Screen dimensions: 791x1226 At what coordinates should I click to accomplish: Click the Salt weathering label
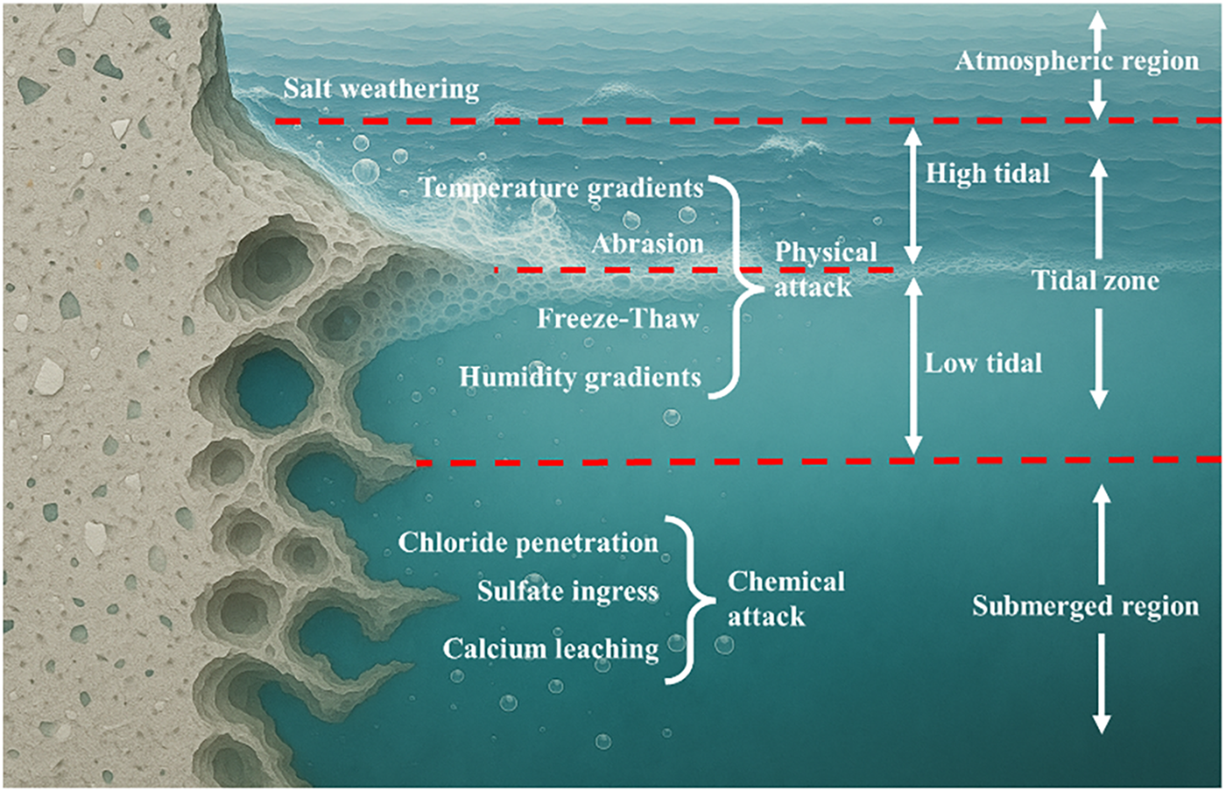pos(381,89)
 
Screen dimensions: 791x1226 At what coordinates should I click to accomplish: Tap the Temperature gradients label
pos(560,188)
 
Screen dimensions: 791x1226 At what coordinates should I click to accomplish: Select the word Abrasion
pos(647,244)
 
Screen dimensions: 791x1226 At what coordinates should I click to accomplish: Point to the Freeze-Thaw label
pos(617,318)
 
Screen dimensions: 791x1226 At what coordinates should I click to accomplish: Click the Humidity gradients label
pos(580,378)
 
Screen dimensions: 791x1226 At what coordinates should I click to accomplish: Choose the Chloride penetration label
pos(527,543)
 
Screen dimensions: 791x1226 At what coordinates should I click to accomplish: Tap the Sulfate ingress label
pos(567,592)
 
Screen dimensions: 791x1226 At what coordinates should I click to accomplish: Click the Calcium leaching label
pos(550,649)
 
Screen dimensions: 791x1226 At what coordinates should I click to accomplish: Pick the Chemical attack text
pos(786,599)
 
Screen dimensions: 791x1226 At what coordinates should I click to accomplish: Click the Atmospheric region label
pos(1076,61)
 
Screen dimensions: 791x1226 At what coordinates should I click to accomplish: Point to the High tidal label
pos(987,173)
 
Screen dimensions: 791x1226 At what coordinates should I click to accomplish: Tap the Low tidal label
pos(983,363)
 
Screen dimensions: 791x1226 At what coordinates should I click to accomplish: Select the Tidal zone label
pos(1095,280)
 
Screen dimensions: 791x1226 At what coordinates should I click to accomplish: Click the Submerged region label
pos(1085,606)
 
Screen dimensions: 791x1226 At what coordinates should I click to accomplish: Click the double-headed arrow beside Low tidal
pos(912,366)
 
